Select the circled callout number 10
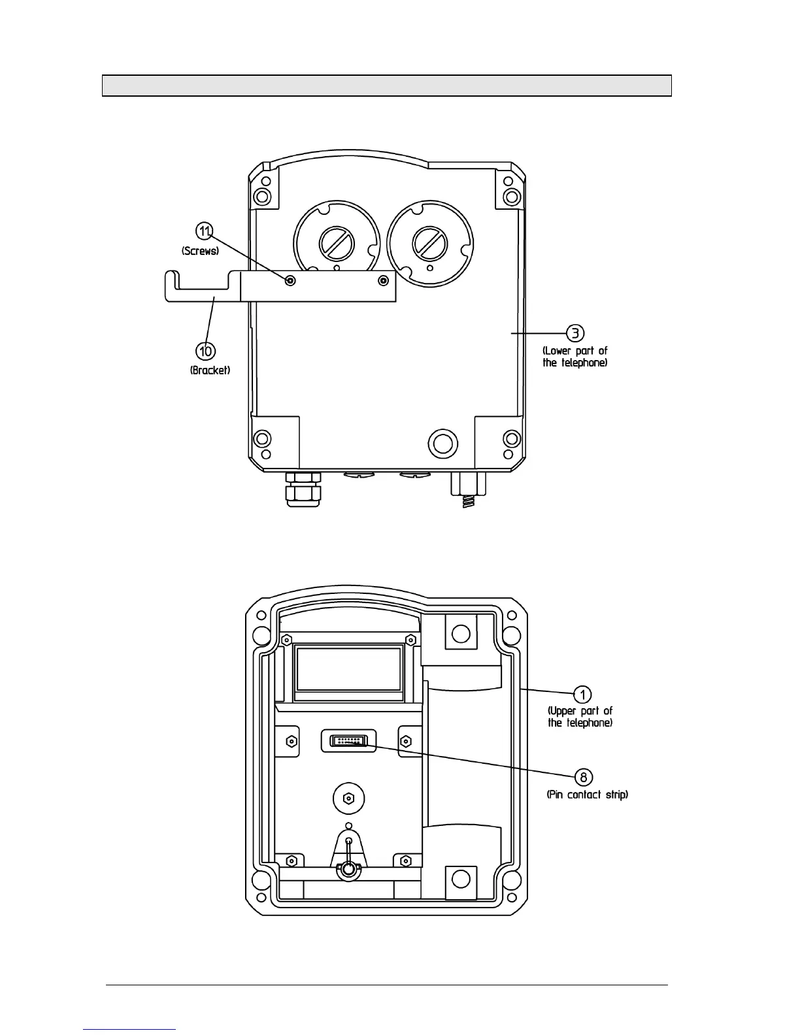pyautogui.click(x=206, y=351)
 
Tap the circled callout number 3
pyautogui.click(x=575, y=333)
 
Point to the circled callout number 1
pyautogui.click(x=582, y=694)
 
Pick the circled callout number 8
pyautogui.click(x=583, y=777)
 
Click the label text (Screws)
pyautogui.click(x=200, y=251)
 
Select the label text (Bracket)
pyautogui.click(x=210, y=370)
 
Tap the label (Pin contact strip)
pyautogui.click(x=587, y=795)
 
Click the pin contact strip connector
pyautogui.click(x=349, y=741)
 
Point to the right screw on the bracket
pyautogui.click(x=383, y=280)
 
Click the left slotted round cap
pyautogui.click(x=337, y=243)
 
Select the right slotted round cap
pyautogui.click(x=429, y=243)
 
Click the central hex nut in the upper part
pyautogui.click(x=348, y=798)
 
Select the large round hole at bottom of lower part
pyautogui.click(x=442, y=444)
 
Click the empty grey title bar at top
pyautogui.click(x=386, y=86)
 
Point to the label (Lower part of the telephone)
pyautogui.click(x=575, y=357)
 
